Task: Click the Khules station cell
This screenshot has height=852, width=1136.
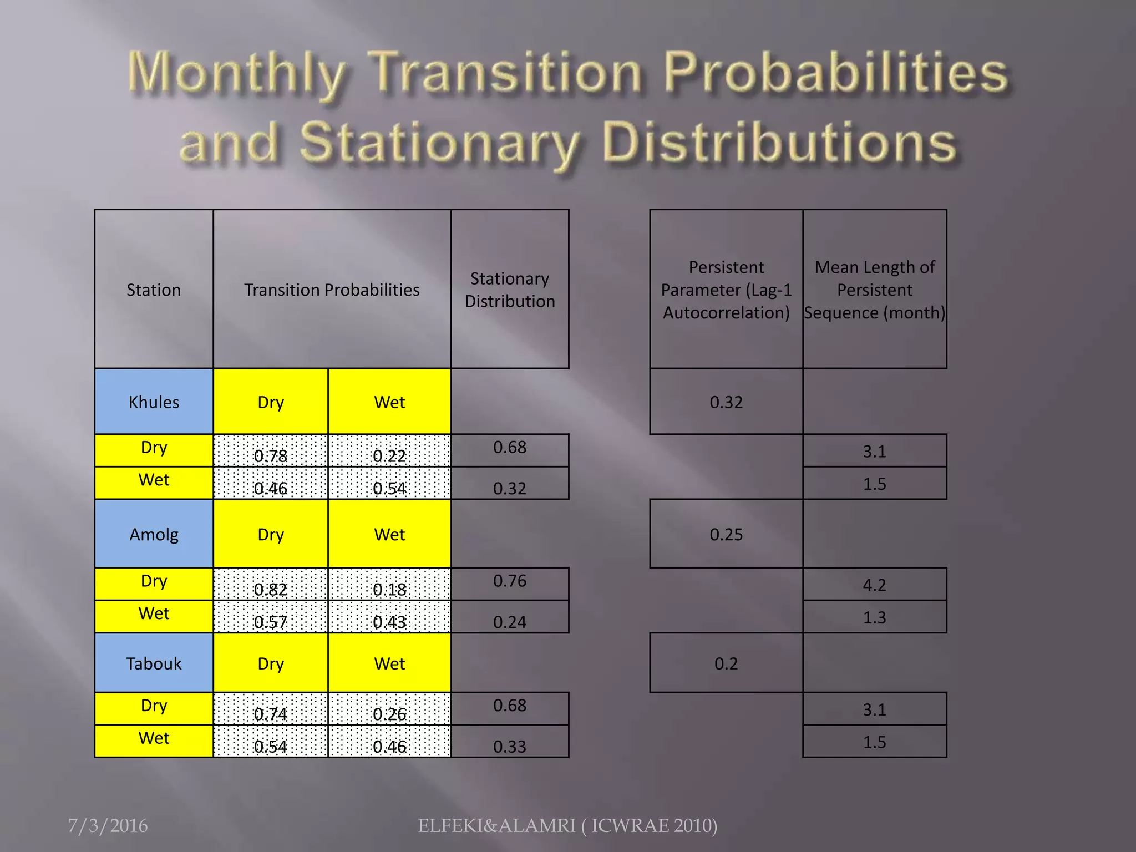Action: click(x=154, y=402)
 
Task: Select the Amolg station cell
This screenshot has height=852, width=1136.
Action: click(x=154, y=534)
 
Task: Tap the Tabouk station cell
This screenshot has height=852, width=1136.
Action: click(x=154, y=663)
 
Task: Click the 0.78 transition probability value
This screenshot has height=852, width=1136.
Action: click(x=270, y=455)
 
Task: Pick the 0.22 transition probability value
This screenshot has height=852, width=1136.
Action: click(x=389, y=455)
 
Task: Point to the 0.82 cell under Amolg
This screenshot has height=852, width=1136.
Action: click(x=270, y=589)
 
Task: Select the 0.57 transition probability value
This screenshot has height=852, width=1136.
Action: click(x=270, y=622)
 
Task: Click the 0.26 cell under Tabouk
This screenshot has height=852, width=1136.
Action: click(x=389, y=714)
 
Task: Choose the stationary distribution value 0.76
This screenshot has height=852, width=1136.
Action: click(x=510, y=581)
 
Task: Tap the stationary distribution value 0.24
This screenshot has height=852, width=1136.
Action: click(x=510, y=622)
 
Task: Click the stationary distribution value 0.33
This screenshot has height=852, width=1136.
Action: click(x=510, y=746)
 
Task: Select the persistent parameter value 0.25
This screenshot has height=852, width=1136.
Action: click(x=726, y=534)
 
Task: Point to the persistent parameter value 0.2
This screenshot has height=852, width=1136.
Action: click(x=726, y=663)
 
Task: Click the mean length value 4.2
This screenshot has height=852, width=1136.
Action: click(x=874, y=585)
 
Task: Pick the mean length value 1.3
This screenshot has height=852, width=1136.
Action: click(x=874, y=617)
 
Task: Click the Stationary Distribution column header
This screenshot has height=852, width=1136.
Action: click(x=510, y=290)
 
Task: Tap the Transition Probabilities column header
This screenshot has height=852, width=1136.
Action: click(x=332, y=290)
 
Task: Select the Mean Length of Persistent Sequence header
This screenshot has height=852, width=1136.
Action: click(x=874, y=290)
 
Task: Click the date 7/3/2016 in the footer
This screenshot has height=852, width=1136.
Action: click(x=108, y=825)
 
